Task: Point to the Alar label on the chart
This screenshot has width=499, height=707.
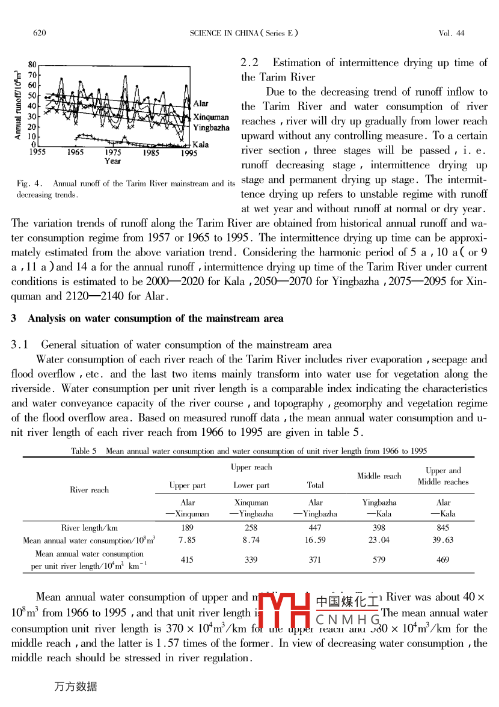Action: [201, 104]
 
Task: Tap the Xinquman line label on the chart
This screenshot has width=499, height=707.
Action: [210, 117]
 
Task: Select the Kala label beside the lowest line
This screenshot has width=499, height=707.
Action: [200, 145]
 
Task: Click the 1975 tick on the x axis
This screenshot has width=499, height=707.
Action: [112, 153]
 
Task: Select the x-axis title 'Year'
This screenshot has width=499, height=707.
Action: [112, 161]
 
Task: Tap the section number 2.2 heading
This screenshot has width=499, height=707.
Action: [249, 63]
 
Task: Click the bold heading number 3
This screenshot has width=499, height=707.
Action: [14, 319]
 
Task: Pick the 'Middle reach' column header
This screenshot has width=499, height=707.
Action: [379, 476]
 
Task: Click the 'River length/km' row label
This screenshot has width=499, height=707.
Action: [89, 528]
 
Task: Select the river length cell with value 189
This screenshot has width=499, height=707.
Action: [187, 528]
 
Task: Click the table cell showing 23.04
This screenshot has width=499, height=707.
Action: [379, 540]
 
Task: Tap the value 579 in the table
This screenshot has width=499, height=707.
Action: [379, 560]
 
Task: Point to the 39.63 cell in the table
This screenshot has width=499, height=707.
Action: [443, 540]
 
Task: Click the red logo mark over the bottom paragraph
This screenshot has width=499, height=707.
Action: [285, 611]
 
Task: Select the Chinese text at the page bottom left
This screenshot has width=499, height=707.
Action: [75, 686]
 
